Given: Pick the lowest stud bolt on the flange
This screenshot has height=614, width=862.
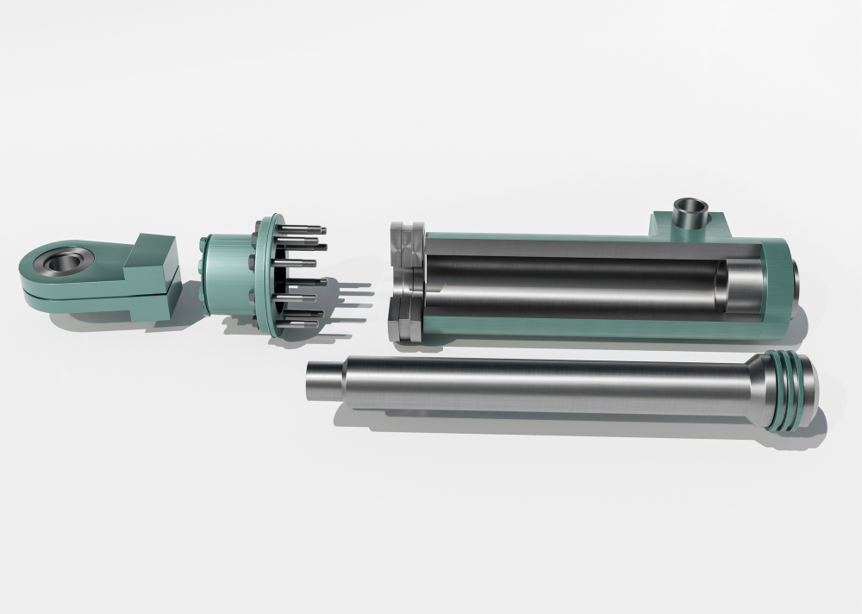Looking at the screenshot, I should (x=300, y=323).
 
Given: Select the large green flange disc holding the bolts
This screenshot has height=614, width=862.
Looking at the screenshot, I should (x=270, y=276).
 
